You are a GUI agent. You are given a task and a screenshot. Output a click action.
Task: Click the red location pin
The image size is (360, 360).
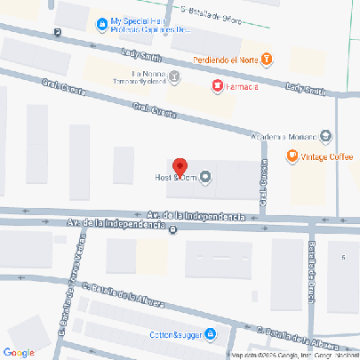pos(180,167)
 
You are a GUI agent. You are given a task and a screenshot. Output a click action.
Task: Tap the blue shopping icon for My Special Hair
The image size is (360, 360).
pos(103,22)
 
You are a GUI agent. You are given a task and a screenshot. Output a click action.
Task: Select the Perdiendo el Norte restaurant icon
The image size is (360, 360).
pos(267,60)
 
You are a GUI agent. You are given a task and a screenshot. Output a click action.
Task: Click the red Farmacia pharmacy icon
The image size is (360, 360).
pos(216,85)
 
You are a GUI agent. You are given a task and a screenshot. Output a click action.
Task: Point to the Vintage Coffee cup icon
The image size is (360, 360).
pos(292,157)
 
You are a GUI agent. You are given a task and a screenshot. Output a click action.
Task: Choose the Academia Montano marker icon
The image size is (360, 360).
pos(325,136)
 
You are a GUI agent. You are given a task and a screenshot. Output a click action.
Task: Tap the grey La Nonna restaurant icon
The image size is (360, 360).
pos(174,76)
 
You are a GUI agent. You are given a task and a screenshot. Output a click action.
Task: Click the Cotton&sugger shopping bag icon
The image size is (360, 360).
pos(211,334)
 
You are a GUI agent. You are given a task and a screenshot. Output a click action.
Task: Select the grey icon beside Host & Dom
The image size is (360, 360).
pos(206,178)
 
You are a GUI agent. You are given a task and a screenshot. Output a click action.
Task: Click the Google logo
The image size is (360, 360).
pos(20,352)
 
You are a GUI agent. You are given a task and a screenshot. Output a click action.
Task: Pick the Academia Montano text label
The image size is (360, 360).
pos(284,136)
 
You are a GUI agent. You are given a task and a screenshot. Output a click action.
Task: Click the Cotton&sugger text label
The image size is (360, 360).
pos(174,335)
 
